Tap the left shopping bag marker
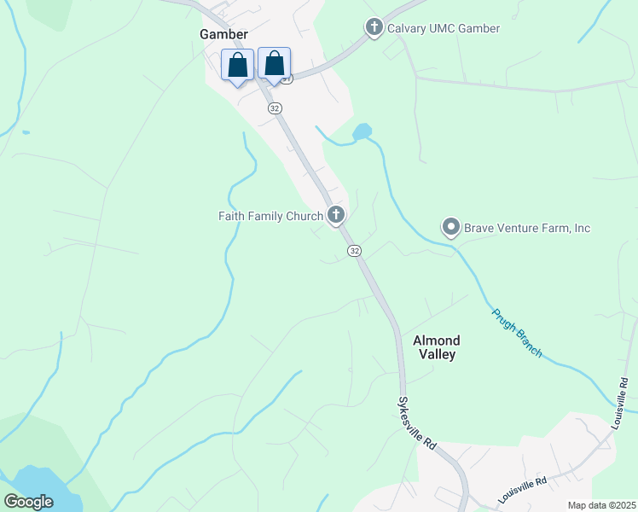tap(238, 65)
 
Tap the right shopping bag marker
tap(274, 64)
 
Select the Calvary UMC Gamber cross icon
tap(374, 28)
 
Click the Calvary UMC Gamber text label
tap(444, 29)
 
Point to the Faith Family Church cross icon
tap(337, 215)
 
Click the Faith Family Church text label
tap(270, 216)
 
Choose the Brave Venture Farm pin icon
tap(450, 228)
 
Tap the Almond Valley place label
tap(436, 347)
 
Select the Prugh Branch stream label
tap(517, 333)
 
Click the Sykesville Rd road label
tap(418, 422)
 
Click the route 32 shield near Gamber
tap(274, 108)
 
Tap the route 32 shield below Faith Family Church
tap(355, 251)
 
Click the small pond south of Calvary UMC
tap(362, 132)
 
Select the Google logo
tap(28, 502)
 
